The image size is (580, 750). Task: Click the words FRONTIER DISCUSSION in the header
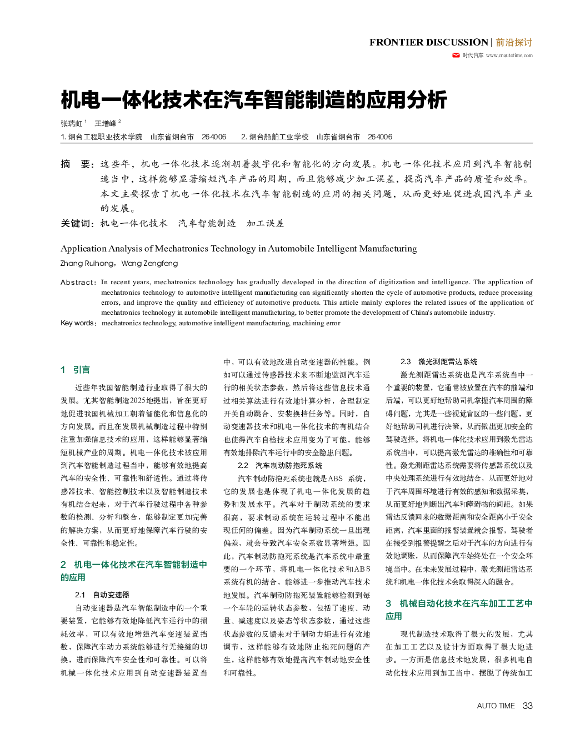428,42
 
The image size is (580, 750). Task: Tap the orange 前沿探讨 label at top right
514,42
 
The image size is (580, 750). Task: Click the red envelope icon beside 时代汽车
456,55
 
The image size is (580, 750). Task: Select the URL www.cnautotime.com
509,56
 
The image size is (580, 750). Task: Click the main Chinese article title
254,100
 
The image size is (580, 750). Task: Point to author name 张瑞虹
72,123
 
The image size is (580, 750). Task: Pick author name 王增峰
106,123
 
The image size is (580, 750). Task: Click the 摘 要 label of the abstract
77,164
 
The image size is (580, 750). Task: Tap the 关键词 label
77,223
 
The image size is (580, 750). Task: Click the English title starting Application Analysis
239,248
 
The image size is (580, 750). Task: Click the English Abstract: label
78,282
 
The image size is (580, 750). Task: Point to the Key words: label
79,323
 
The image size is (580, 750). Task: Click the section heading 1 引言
75,370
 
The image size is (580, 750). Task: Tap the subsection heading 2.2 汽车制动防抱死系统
280,465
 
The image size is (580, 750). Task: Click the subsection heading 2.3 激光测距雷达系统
439,361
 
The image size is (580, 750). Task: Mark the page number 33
527,706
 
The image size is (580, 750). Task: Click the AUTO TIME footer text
496,706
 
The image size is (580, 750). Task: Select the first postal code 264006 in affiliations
214,137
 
